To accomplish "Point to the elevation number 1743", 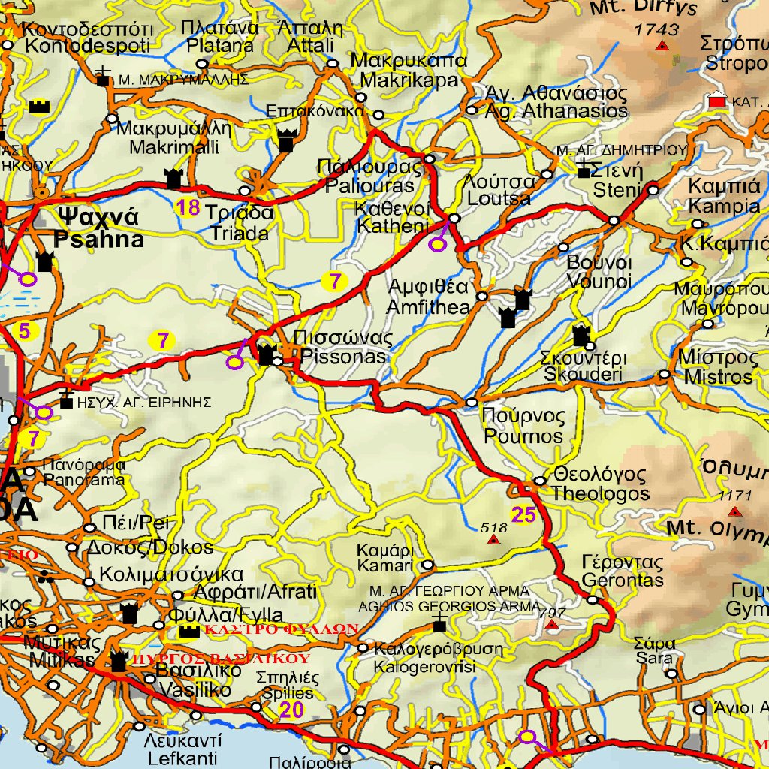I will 656,30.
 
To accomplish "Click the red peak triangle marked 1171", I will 735,511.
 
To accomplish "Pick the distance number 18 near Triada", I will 187,208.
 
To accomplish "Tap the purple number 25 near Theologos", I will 523,514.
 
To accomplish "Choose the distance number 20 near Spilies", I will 291,710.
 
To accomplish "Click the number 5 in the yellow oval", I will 25,330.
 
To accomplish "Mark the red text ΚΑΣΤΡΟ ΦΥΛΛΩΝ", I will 277,629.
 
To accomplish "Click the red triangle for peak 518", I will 493,540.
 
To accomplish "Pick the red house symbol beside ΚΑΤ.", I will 718,99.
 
